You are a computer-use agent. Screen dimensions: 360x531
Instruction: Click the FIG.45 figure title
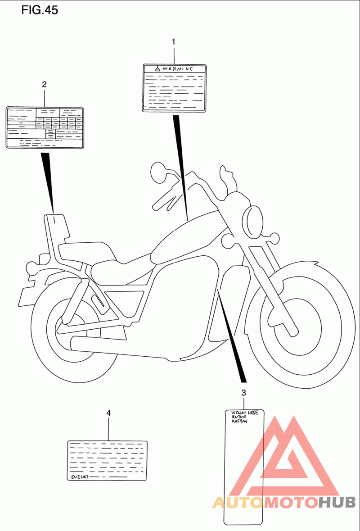coord(40,10)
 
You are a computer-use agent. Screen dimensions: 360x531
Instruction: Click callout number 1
coord(174,42)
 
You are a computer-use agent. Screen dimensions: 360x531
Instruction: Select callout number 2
coord(44,84)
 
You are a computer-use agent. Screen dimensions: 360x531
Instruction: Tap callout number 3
coord(243,393)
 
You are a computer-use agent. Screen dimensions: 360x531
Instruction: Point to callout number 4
coord(108,413)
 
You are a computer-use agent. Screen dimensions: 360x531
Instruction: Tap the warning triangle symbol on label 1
coord(157,69)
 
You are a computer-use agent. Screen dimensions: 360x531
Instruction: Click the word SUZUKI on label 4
coord(79,477)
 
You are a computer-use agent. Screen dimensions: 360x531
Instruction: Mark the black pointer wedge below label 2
coord(48,180)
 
